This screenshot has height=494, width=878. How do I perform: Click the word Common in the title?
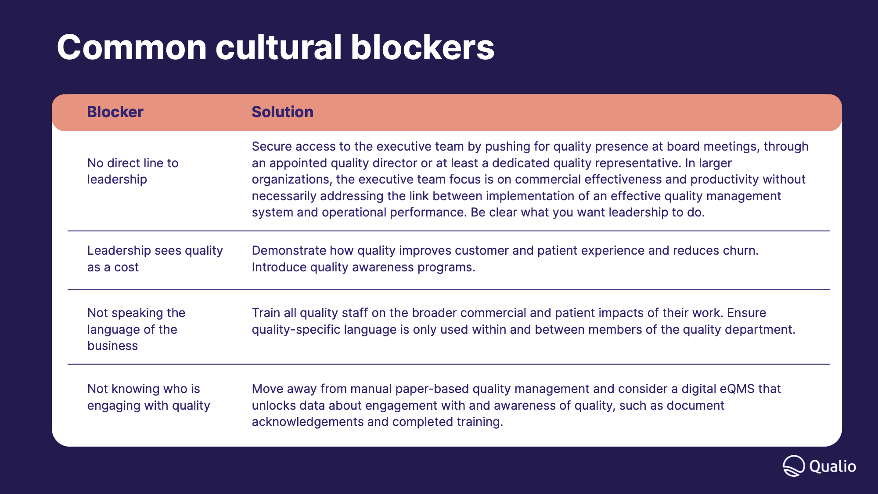click(x=132, y=47)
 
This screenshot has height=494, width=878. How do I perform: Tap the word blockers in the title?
click(x=422, y=47)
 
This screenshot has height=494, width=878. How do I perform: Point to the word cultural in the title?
click(x=278, y=47)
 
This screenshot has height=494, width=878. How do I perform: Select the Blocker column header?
click(x=115, y=112)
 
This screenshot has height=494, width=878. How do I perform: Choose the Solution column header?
click(x=282, y=112)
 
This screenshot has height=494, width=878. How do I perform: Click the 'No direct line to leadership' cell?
click(x=133, y=171)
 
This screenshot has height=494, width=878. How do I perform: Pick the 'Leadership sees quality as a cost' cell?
click(x=155, y=259)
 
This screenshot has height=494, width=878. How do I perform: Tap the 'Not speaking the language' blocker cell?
click(x=136, y=329)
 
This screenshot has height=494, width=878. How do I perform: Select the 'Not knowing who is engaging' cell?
click(x=148, y=397)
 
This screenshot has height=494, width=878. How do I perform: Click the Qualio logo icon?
click(x=794, y=466)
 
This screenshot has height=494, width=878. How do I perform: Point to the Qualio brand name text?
click(x=833, y=466)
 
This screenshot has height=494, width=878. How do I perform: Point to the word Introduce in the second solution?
click(x=279, y=267)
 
